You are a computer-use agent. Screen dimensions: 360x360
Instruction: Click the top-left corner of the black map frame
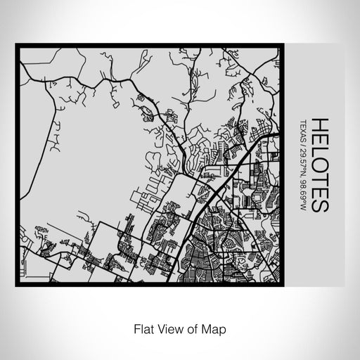tap(18, 46)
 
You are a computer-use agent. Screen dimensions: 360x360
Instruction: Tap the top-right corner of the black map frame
tap(285, 46)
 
